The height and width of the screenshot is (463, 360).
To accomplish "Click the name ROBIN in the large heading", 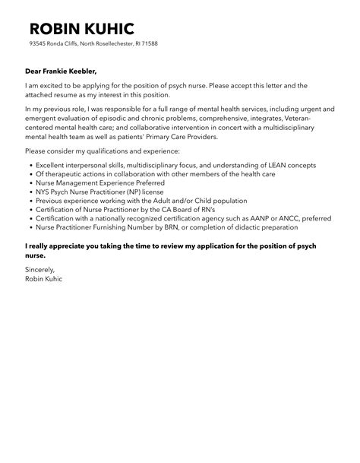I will click(x=57, y=29).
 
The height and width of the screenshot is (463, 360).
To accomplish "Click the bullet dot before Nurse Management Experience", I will click(x=29, y=183).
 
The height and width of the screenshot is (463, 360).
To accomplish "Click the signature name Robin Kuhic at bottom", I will click(x=46, y=278).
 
